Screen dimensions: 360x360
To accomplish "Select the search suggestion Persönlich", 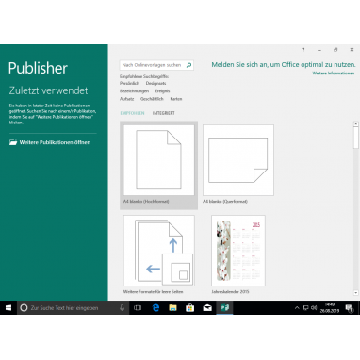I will pos(129,83).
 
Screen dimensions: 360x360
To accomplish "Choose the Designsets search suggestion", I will pos(155,83).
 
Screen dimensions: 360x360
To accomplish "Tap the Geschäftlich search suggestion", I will pos(151,98).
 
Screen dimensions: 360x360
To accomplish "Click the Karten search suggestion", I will pos(176,98).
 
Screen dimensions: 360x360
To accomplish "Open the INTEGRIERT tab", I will pos(163,113).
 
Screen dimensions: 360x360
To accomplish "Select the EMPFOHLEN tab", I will pos(132,113).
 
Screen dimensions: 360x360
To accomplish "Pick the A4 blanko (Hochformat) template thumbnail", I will pos(159,159).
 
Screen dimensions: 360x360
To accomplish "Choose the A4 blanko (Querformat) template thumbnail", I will pos(237,161).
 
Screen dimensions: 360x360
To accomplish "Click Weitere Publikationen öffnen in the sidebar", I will pos(52,142).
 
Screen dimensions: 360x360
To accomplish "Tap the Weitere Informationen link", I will pos(333,73).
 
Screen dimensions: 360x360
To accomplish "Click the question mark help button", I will pos(303,48).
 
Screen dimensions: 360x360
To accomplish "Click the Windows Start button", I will pos(8,307).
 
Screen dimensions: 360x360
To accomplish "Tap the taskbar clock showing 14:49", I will pos(329,307).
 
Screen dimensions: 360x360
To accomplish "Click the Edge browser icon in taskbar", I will pos(155,307).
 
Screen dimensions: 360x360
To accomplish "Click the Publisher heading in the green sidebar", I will pos(38,68).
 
